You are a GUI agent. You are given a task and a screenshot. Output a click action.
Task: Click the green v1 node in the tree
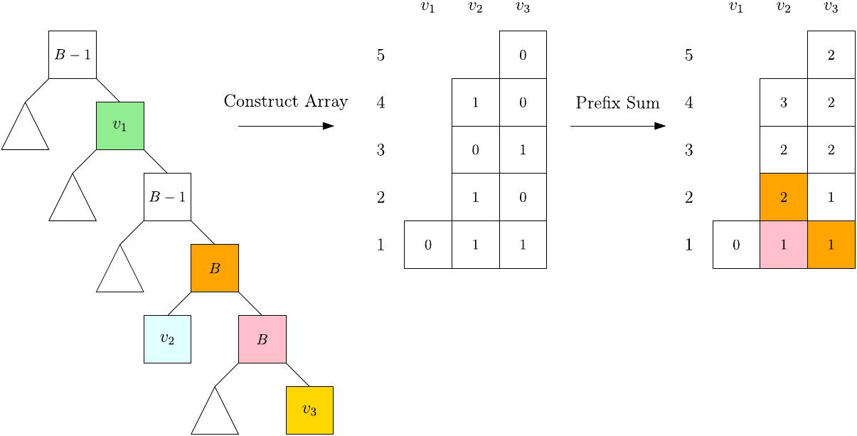click(x=120, y=125)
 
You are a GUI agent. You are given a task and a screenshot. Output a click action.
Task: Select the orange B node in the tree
click(x=215, y=268)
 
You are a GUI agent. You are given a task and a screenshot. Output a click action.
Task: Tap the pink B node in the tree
click(x=262, y=339)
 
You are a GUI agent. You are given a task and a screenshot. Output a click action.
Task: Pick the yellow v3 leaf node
click(x=309, y=410)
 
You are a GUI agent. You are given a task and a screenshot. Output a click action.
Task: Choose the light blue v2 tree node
click(x=167, y=339)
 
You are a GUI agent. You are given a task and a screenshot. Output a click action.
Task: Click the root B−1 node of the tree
click(x=73, y=54)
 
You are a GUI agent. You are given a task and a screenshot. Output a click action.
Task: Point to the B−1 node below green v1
click(x=167, y=196)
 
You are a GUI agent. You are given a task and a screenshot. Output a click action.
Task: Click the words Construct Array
click(x=286, y=102)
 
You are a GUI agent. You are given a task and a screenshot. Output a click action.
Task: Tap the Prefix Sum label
click(x=617, y=103)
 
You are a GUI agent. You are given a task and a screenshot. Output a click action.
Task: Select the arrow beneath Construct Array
click(x=286, y=126)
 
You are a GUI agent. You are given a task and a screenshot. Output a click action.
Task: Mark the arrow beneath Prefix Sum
click(x=617, y=126)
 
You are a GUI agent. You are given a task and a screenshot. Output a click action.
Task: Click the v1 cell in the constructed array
click(x=427, y=245)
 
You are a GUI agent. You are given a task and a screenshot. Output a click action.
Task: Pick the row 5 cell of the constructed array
click(x=523, y=55)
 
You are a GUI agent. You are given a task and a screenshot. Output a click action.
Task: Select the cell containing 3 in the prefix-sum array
click(x=784, y=102)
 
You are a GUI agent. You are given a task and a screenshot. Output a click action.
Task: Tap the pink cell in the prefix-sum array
click(x=784, y=245)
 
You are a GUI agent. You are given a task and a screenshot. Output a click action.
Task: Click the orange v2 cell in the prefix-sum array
click(x=784, y=197)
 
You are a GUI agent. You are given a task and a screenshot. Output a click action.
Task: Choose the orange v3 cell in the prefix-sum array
click(x=831, y=245)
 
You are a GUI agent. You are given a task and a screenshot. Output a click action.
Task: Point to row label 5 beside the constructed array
click(x=380, y=55)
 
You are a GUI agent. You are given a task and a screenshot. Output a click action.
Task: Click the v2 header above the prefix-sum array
click(x=783, y=8)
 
